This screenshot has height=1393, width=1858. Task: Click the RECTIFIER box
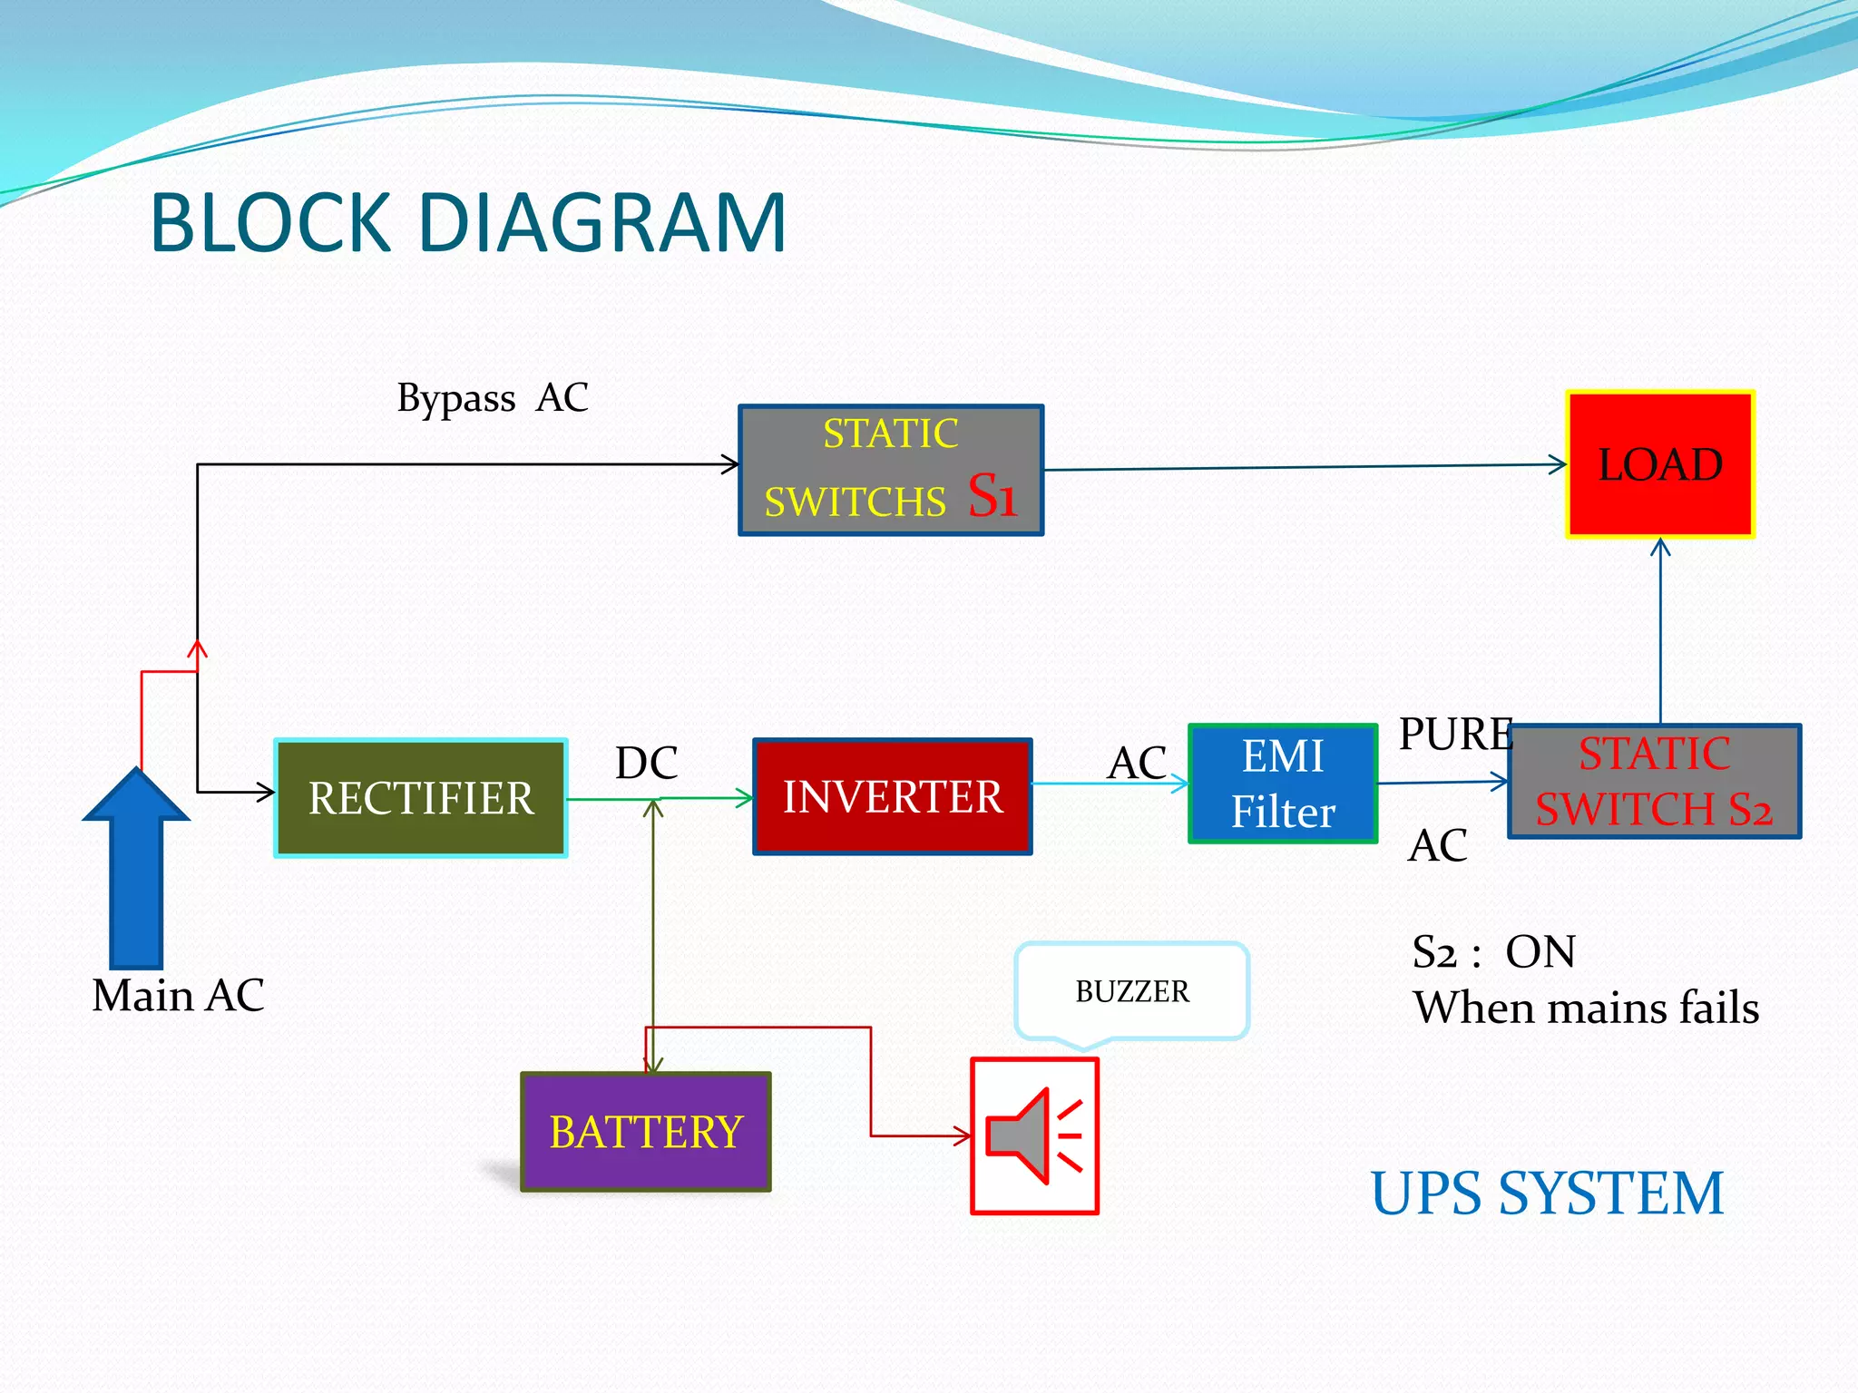[x=421, y=798]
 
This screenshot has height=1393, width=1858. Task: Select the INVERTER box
[x=893, y=797]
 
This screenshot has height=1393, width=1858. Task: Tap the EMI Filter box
[x=1283, y=784]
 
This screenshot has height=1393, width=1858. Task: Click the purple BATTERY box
[x=646, y=1132]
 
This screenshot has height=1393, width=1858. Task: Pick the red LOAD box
[x=1660, y=464]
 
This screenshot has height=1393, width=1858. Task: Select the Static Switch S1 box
[x=891, y=470]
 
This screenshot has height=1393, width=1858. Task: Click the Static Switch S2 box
[x=1654, y=781]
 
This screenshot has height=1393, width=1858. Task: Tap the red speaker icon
[x=1034, y=1135]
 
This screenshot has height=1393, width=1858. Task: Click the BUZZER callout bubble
[x=1132, y=990]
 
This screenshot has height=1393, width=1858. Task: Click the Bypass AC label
[x=493, y=397]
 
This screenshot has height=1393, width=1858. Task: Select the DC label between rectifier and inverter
[x=646, y=763]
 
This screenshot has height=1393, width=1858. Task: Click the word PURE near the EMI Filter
[x=1454, y=734]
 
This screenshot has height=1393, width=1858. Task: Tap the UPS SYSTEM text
[x=1547, y=1193]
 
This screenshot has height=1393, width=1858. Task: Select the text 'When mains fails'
[x=1586, y=1008]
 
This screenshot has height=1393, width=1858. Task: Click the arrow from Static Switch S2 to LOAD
[x=1660, y=635]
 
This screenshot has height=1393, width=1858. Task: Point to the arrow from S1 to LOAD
[x=1306, y=467]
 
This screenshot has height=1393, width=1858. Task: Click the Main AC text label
[x=178, y=995]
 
